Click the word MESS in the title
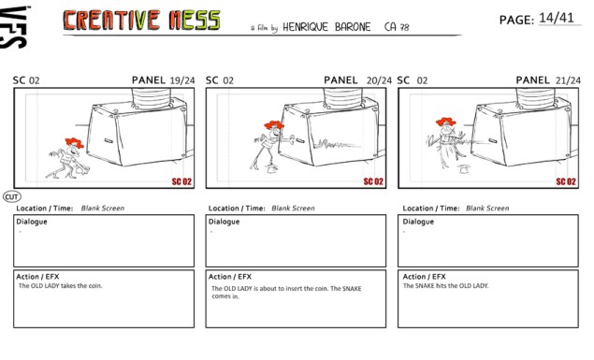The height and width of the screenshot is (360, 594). point(195,20)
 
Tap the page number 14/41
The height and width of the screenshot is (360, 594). point(557,18)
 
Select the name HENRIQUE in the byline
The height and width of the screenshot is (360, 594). point(305,27)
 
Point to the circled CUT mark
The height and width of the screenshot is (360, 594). point(12,197)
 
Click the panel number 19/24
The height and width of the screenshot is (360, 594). point(182,80)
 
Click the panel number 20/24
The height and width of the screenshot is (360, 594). point(379,80)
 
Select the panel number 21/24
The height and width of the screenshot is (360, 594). point(568,80)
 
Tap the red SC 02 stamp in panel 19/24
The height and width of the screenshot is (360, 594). point(181,181)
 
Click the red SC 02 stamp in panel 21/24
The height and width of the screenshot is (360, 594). point(566,181)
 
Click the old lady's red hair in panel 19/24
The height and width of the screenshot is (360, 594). point(74,143)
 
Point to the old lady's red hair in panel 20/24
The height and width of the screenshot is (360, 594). point(273,125)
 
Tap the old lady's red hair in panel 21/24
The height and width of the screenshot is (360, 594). point(445,122)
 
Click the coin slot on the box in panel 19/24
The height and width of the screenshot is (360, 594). point(109,141)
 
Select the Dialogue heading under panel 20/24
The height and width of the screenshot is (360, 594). point(224,222)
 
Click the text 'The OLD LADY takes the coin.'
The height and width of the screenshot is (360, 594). point(60,286)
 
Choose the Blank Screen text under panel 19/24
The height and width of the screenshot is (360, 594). point(103,209)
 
